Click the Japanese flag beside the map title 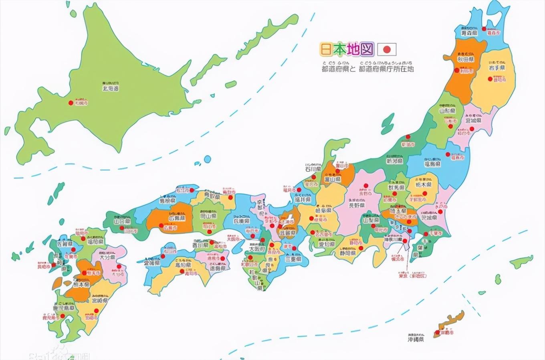point(387,49)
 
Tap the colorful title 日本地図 point(347,49)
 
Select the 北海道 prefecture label point(111,88)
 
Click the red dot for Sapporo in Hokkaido point(71,103)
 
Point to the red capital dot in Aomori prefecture point(484,29)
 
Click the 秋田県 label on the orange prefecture point(466,59)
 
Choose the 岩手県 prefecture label point(497,68)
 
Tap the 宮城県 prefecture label point(473,120)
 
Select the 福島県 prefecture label point(433,164)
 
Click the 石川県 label point(313,169)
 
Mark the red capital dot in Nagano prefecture point(365,186)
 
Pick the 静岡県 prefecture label point(347,253)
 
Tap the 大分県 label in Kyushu point(107,258)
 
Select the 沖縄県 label point(416,339)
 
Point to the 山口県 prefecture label point(122,221)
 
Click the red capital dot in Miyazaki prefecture point(96,310)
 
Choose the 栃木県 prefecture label point(423,185)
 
